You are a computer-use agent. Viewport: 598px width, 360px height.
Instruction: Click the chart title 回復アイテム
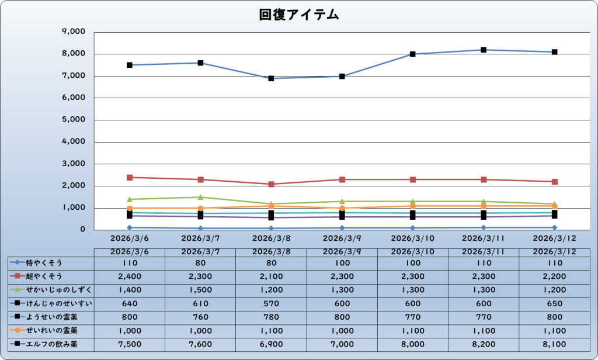(299, 15)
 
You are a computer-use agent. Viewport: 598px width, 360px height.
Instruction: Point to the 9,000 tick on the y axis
(74, 32)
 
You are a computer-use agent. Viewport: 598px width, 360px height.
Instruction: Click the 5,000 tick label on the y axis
(74, 120)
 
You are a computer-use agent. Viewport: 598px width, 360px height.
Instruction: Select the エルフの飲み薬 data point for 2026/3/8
(272, 78)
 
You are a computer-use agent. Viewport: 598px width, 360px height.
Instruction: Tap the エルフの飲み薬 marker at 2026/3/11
(484, 50)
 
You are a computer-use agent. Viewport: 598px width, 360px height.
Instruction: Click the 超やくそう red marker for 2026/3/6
(130, 177)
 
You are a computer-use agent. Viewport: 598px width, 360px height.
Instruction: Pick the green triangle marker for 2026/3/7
(200, 197)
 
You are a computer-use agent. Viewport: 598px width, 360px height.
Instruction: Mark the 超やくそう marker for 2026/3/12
(554, 182)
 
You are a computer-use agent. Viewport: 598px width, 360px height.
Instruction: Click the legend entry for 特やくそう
(51, 262)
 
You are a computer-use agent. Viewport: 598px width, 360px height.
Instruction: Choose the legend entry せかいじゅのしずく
(51, 289)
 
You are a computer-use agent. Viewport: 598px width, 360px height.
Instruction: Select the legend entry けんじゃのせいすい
(51, 303)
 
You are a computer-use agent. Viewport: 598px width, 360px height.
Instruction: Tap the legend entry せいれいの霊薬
(51, 331)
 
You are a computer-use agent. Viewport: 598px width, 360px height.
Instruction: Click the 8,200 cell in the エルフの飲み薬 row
(484, 344)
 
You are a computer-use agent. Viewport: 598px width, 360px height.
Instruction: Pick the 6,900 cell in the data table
(272, 344)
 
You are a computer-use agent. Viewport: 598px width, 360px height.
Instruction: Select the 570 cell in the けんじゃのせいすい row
(272, 303)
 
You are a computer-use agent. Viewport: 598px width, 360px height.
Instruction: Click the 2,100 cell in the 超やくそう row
(272, 276)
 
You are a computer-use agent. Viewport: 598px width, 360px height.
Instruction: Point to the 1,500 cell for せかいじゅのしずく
(200, 289)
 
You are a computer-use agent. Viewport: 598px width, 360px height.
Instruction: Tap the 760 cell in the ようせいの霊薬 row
(200, 317)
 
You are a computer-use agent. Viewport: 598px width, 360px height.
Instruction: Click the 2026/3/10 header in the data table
(413, 251)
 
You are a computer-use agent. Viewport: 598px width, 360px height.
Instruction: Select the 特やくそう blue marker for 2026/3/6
(130, 227)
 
